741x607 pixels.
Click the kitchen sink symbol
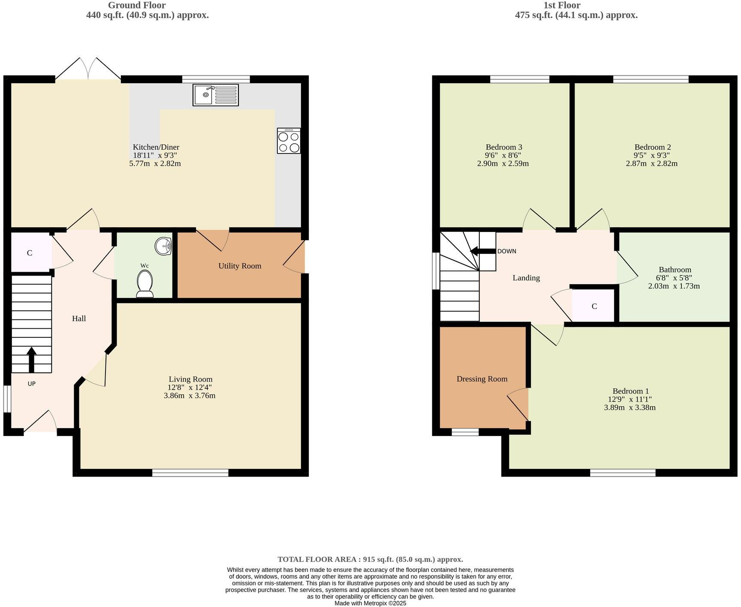point(215,95)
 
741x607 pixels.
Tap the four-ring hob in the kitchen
point(289,141)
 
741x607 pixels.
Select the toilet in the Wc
point(145,285)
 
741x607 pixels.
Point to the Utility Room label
point(240,266)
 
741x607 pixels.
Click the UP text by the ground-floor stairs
point(31,384)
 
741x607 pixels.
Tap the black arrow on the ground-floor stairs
point(31,359)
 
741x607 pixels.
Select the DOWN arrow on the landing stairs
point(483,251)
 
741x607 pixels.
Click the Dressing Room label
point(482,379)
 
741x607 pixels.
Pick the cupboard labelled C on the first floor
point(594,306)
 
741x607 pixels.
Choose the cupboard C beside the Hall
point(30,253)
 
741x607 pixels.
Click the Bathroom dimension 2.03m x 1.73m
point(674,286)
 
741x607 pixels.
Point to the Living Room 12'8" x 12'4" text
point(190,388)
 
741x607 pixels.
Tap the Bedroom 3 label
point(503,147)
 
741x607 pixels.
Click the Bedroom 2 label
point(652,147)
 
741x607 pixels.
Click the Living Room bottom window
point(190,473)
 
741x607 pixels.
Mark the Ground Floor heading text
point(136,6)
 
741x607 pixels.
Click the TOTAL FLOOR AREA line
point(370,559)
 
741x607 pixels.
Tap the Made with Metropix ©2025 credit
point(370,603)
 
